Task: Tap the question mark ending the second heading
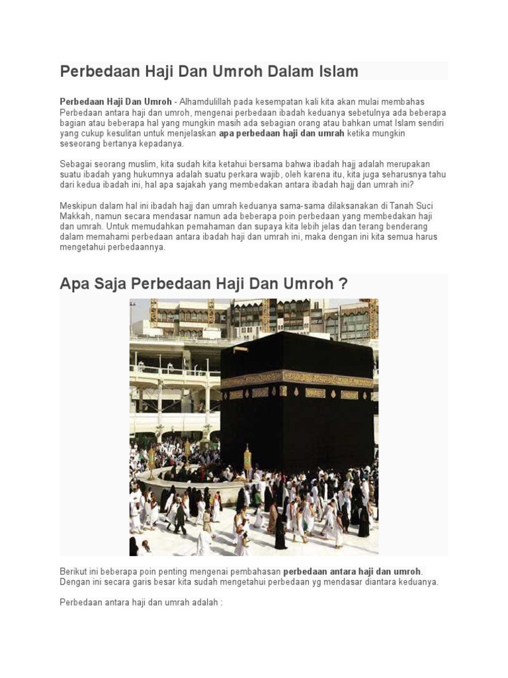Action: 343,284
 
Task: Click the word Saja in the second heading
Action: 108,284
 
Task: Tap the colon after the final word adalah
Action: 222,603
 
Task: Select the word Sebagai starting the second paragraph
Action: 76,164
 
